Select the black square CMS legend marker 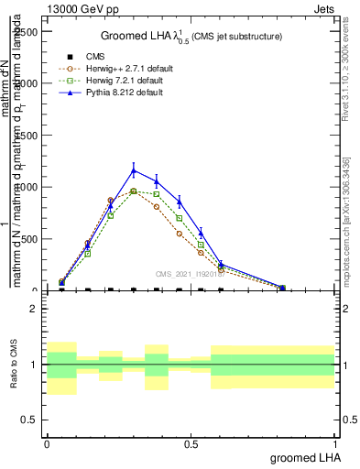click(x=62, y=56)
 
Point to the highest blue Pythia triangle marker click(x=134, y=170)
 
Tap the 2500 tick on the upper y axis click(x=24, y=31)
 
